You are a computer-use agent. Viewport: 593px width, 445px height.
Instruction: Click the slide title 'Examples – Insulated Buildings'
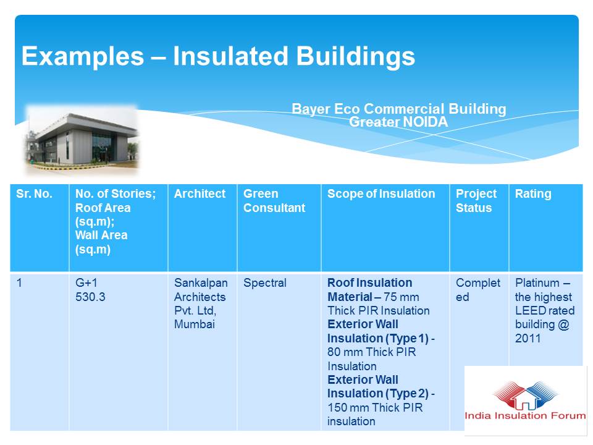tap(218, 56)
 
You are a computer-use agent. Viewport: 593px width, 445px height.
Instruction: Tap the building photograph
tap(82, 139)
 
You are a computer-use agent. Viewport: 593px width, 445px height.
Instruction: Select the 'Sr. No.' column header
tap(34, 193)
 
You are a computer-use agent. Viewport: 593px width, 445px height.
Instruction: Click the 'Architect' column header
tap(200, 193)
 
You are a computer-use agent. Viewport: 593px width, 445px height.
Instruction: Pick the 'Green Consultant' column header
tap(274, 200)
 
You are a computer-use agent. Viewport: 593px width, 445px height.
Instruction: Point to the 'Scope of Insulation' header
tap(381, 193)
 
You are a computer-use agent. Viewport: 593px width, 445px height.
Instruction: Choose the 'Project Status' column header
tap(476, 200)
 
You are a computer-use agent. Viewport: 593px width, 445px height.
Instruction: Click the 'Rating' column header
tap(533, 193)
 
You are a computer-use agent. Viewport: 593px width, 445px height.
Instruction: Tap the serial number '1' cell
tap(19, 282)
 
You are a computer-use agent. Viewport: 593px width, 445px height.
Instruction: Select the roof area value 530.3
tap(90, 297)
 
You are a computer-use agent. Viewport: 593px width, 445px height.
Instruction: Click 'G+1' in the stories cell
tap(86, 282)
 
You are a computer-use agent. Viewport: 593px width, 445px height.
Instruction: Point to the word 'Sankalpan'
tap(201, 283)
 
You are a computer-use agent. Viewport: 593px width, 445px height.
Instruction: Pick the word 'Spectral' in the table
tap(265, 283)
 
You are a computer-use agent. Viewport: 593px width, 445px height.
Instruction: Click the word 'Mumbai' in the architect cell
tap(195, 324)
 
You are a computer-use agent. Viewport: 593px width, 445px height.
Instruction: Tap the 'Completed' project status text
tap(478, 290)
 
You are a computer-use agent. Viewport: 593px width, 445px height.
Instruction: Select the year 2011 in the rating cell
tap(528, 338)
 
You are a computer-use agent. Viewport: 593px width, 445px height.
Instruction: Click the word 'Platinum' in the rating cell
tap(537, 283)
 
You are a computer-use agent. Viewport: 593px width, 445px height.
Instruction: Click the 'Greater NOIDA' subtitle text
tap(398, 122)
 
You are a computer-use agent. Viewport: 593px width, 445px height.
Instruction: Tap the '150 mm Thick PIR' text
tap(375, 407)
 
